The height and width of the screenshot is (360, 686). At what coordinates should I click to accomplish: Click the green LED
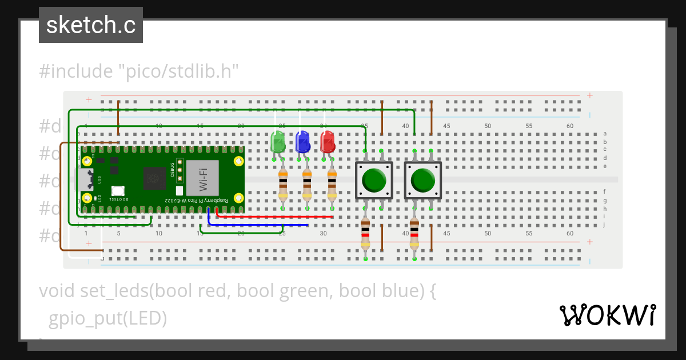277,142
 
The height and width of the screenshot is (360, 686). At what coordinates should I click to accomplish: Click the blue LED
302,142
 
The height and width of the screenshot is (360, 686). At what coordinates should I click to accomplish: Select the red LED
328,142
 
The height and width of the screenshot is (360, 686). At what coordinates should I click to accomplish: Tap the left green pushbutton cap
374,179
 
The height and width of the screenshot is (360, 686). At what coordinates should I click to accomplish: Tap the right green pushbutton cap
423,179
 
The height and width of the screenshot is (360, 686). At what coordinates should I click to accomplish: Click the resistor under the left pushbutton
365,235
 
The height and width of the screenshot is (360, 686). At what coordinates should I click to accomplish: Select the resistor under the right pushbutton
414,235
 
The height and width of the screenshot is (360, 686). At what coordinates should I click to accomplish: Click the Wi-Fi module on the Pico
203,179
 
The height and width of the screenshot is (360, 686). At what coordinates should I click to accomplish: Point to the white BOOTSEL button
118,191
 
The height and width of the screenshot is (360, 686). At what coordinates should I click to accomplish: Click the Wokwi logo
607,315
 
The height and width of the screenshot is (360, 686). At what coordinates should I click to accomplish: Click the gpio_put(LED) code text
107,318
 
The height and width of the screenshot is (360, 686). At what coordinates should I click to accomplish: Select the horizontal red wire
274,217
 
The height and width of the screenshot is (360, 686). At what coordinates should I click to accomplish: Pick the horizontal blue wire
257,225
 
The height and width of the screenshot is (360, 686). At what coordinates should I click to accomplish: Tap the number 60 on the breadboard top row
569,126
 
